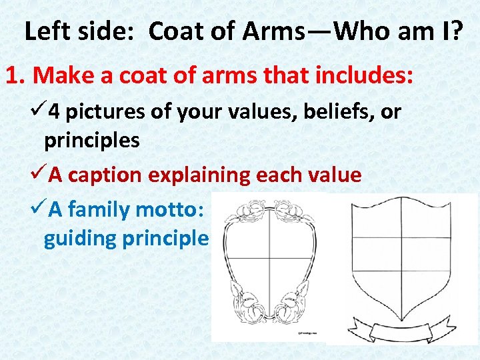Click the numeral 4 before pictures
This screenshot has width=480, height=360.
[53, 112]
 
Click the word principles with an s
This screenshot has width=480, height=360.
[92, 141]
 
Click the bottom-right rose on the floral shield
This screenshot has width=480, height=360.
[295, 309]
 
